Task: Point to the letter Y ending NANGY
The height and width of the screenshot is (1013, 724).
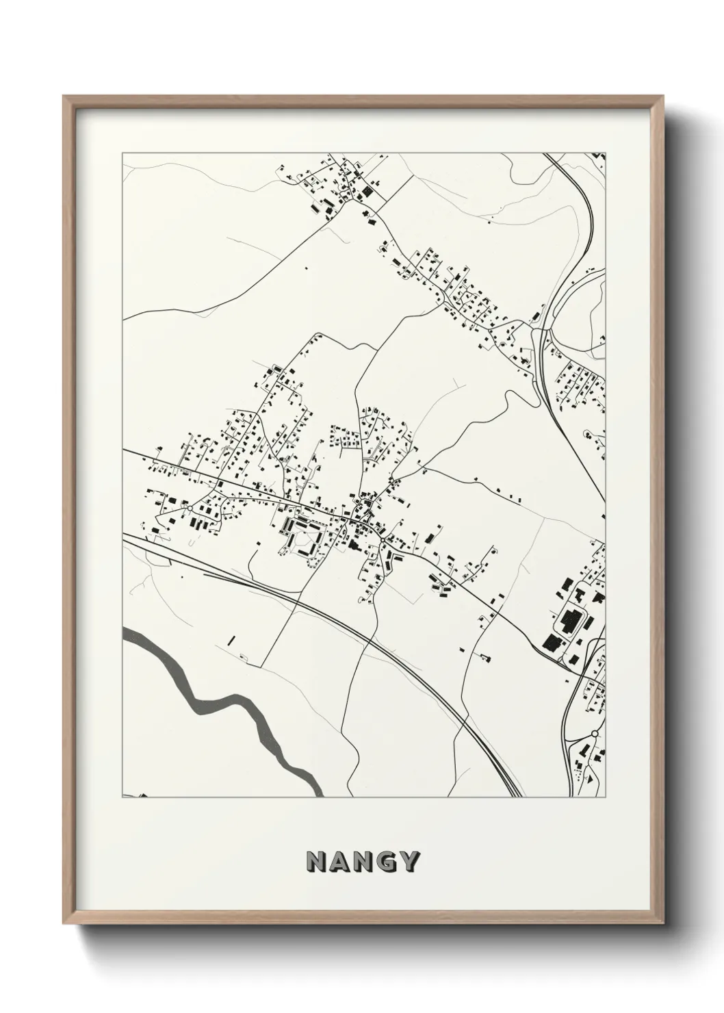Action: tap(407, 862)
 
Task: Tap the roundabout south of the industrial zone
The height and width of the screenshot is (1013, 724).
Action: tap(595, 733)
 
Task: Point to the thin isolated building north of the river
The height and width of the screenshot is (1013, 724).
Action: tap(231, 641)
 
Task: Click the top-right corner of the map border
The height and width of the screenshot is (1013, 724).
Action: tap(605, 153)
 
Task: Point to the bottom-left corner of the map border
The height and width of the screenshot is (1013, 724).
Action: tap(122, 797)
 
